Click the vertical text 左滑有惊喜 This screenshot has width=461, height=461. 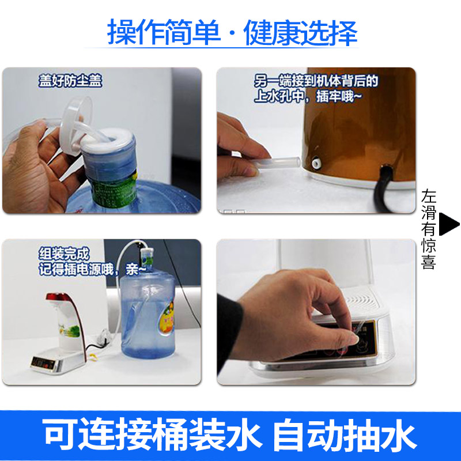point(428,229)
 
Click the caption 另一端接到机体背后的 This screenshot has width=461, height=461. point(316,81)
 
